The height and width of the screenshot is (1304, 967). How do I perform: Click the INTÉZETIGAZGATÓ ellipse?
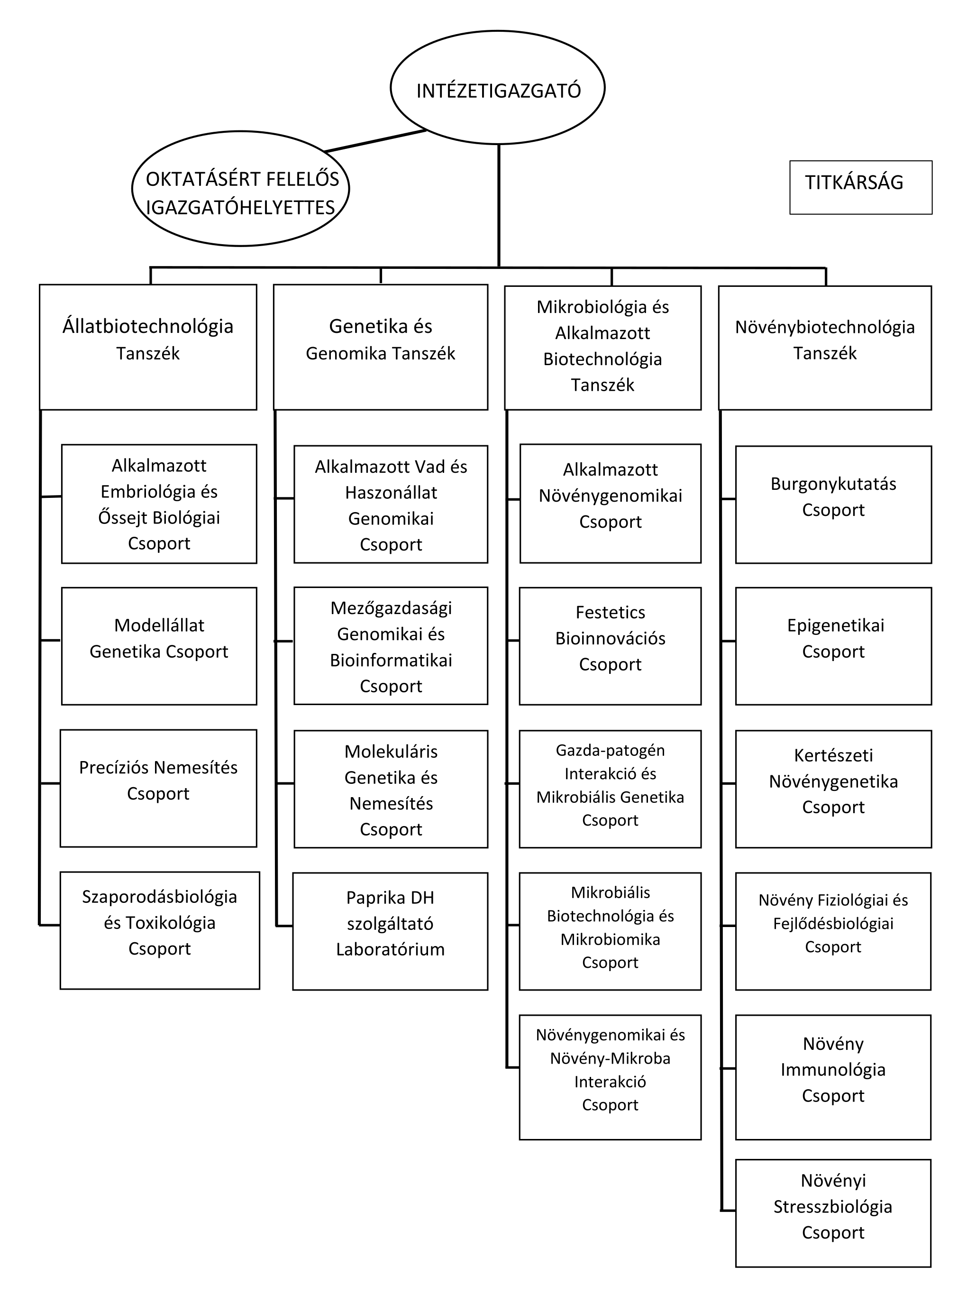pyautogui.click(x=498, y=88)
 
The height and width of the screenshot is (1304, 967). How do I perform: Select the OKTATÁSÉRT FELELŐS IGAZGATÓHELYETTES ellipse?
pyautogui.click(x=241, y=189)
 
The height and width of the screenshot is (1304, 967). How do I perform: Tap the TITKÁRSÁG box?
pyautogui.click(x=860, y=187)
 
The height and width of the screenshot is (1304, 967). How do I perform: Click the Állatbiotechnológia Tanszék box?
pyautogui.click(x=148, y=347)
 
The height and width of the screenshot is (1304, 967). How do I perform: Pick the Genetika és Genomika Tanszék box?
pyautogui.click(x=381, y=347)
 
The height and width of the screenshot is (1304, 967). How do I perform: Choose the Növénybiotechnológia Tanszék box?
pyautogui.click(x=825, y=348)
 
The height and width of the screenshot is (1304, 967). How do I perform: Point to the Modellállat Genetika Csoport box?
pyautogui.click(x=159, y=646)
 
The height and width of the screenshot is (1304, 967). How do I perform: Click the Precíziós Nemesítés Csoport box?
pyautogui.click(x=159, y=788)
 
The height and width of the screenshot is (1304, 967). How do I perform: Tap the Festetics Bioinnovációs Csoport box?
pyautogui.click(x=610, y=646)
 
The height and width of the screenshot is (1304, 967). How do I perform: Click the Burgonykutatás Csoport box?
pyautogui.click(x=833, y=505)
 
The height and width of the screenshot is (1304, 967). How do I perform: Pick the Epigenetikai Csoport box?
pyautogui.click(x=833, y=646)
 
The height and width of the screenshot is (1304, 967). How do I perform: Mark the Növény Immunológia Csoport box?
pyautogui.click(x=833, y=1077)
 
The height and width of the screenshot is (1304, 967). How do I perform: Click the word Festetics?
pyautogui.click(x=610, y=613)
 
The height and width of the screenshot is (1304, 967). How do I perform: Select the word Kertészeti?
pyautogui.click(x=833, y=755)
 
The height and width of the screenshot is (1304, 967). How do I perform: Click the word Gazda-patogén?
pyautogui.click(x=610, y=750)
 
